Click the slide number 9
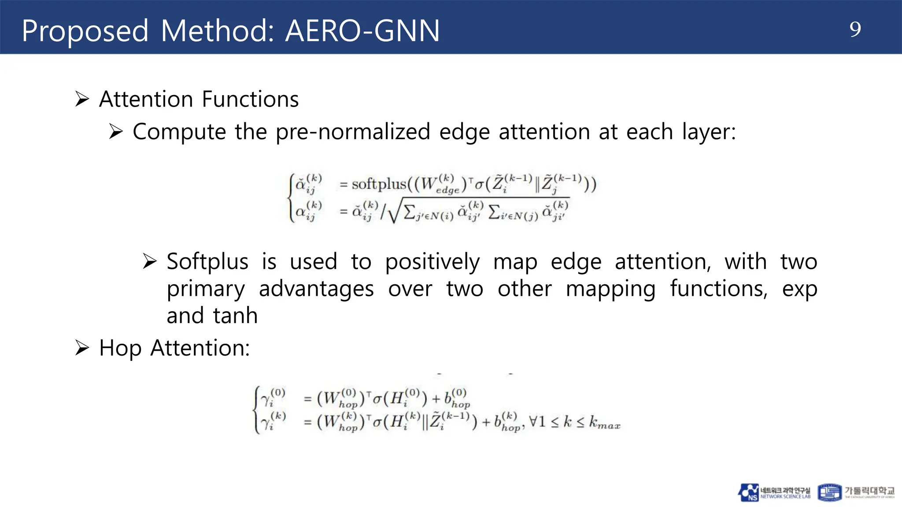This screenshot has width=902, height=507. point(855,29)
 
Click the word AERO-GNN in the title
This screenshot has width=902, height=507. point(362,31)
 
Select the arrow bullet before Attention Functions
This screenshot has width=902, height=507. point(82,99)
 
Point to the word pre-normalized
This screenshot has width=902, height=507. point(353,132)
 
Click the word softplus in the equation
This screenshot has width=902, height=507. point(379,184)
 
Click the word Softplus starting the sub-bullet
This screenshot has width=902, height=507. point(207,261)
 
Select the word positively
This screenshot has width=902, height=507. point(432,262)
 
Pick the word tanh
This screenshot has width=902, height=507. point(235,316)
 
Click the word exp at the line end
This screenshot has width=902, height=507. point(799,290)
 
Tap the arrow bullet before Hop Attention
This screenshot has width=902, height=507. point(82,348)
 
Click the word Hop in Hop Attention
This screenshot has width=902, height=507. point(120,349)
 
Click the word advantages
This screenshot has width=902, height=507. point(316,289)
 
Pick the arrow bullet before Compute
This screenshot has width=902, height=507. point(116,132)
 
